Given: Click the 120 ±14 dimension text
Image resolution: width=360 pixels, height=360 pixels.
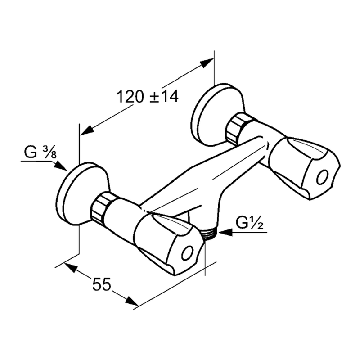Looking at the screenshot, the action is (x=148, y=96).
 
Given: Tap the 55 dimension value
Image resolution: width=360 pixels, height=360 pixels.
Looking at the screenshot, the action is (x=102, y=284).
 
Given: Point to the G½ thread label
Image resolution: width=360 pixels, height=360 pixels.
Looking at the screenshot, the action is (x=249, y=222).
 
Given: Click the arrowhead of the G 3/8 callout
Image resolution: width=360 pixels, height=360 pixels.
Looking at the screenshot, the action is (x=61, y=166).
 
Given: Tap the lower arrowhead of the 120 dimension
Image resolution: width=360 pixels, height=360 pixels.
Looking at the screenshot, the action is (x=87, y=130).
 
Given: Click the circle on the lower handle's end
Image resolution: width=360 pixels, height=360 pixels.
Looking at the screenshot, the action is (x=187, y=253).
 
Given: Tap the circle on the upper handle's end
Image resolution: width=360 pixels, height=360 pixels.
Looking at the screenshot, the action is (x=322, y=177).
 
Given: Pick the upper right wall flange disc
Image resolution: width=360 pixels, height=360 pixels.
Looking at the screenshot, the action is (x=217, y=116).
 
